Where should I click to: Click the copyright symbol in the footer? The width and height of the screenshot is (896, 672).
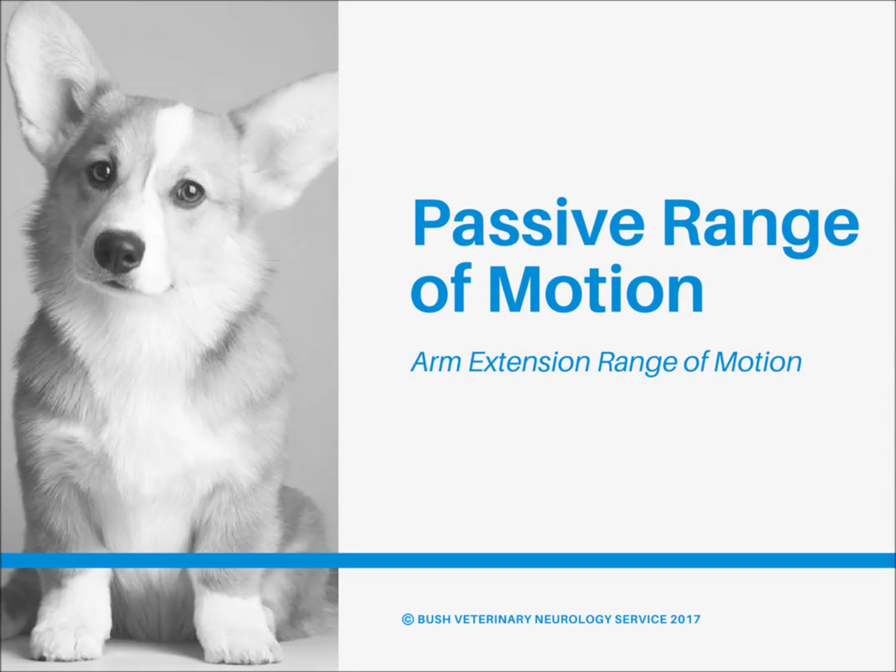point(408,619)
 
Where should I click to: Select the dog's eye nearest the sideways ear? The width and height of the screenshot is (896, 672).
point(189,192)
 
